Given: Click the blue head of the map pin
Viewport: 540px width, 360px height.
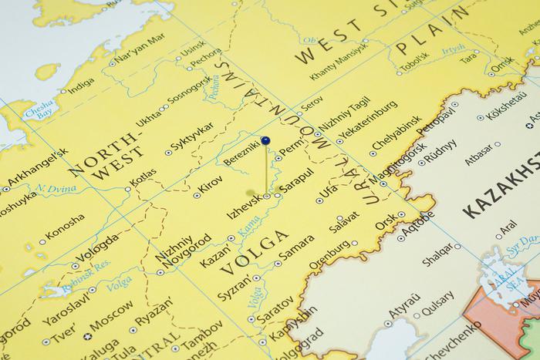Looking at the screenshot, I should click(x=265, y=141).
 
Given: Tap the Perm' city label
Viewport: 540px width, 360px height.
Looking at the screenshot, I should click(x=292, y=147).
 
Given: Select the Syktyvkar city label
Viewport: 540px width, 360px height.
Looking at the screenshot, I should click(x=192, y=138).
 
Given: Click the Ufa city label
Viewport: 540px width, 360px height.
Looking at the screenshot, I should click(x=329, y=191).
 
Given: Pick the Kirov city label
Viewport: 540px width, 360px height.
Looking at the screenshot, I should click(x=211, y=185).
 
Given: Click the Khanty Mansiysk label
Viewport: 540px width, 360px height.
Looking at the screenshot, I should click(x=340, y=65).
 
